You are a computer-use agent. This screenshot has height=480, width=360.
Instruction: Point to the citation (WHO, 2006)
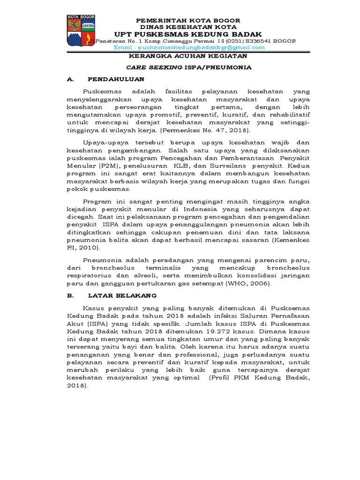(x=245, y=284)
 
